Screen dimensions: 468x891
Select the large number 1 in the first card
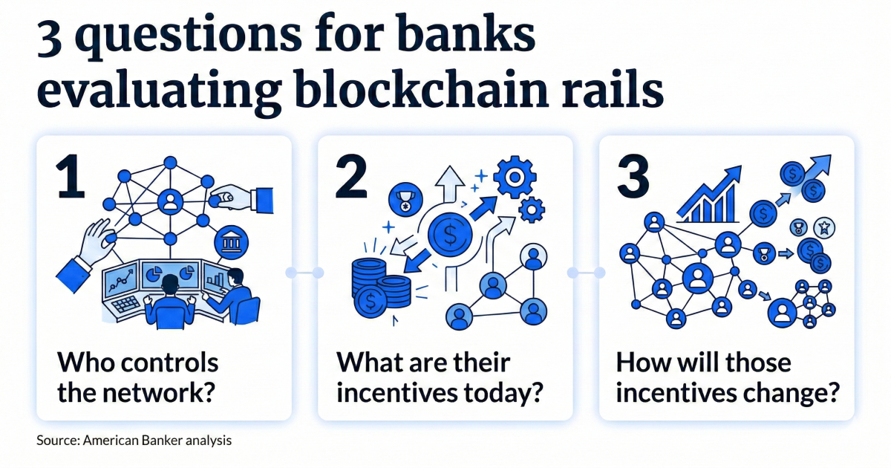tap(71, 175)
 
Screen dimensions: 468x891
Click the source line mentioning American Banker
tap(134, 441)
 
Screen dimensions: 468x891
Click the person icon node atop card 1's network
tap(171, 201)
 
